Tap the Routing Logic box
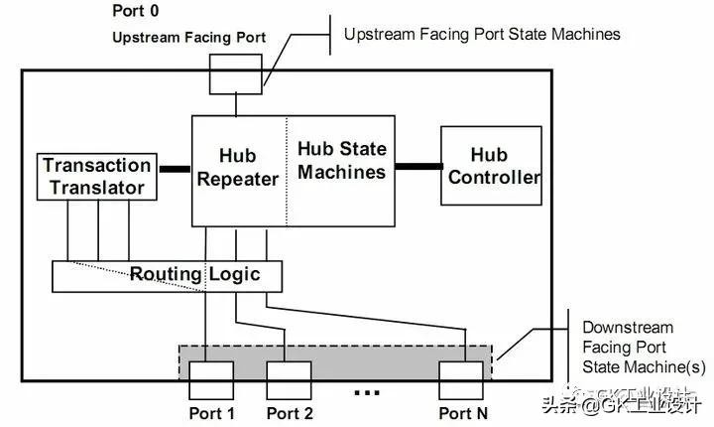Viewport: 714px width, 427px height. click(x=167, y=275)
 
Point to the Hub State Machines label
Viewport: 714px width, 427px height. click(x=341, y=161)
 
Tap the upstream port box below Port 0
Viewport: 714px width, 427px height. click(x=235, y=73)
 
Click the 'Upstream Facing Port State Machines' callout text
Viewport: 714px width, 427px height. click(x=482, y=35)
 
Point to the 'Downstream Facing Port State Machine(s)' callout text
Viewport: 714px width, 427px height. click(x=628, y=348)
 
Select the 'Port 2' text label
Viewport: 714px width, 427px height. click(x=289, y=413)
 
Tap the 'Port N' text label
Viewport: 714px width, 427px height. click(x=464, y=413)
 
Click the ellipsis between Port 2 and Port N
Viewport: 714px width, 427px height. click(x=366, y=393)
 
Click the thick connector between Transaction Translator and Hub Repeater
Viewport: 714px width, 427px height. click(x=175, y=169)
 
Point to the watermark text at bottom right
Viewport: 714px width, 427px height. click(x=622, y=404)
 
